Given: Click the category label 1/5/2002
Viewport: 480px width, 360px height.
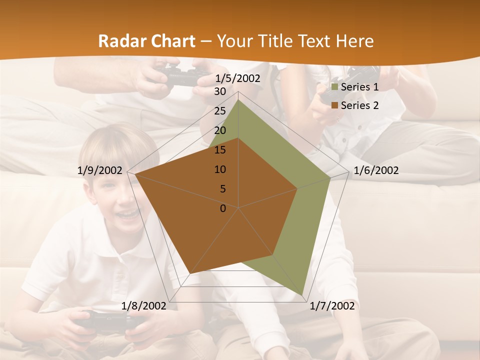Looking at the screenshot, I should point(238,78).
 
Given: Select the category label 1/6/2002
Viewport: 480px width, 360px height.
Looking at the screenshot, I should point(376,170).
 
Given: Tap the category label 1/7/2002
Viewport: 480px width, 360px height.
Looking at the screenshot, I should point(332,306).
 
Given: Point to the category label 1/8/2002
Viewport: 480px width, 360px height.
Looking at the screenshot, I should point(144,306).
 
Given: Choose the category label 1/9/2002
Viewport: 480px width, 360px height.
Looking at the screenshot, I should point(100,170).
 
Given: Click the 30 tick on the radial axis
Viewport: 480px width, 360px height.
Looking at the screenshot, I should point(219,91).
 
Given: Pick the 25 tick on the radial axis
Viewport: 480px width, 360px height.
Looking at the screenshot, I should point(219,111).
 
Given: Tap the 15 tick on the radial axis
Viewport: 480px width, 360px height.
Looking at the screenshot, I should point(219,150).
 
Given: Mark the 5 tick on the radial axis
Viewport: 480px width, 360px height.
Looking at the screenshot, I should point(222,189).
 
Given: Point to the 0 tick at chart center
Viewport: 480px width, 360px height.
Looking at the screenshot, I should point(223,208).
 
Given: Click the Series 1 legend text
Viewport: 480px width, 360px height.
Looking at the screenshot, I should point(359,87).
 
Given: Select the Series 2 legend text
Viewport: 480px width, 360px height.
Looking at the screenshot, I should point(359,105).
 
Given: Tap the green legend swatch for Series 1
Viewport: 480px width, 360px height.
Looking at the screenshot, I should point(335,87).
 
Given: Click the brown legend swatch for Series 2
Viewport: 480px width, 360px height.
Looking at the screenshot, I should point(335,105).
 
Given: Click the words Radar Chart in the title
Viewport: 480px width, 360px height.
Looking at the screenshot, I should point(146,41).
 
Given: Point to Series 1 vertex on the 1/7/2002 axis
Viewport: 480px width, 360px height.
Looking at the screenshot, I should point(302,295).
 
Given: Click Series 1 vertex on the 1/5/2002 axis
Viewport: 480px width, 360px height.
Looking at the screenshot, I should point(238,99).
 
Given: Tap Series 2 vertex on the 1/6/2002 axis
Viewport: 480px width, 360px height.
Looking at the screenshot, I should point(297,188).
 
